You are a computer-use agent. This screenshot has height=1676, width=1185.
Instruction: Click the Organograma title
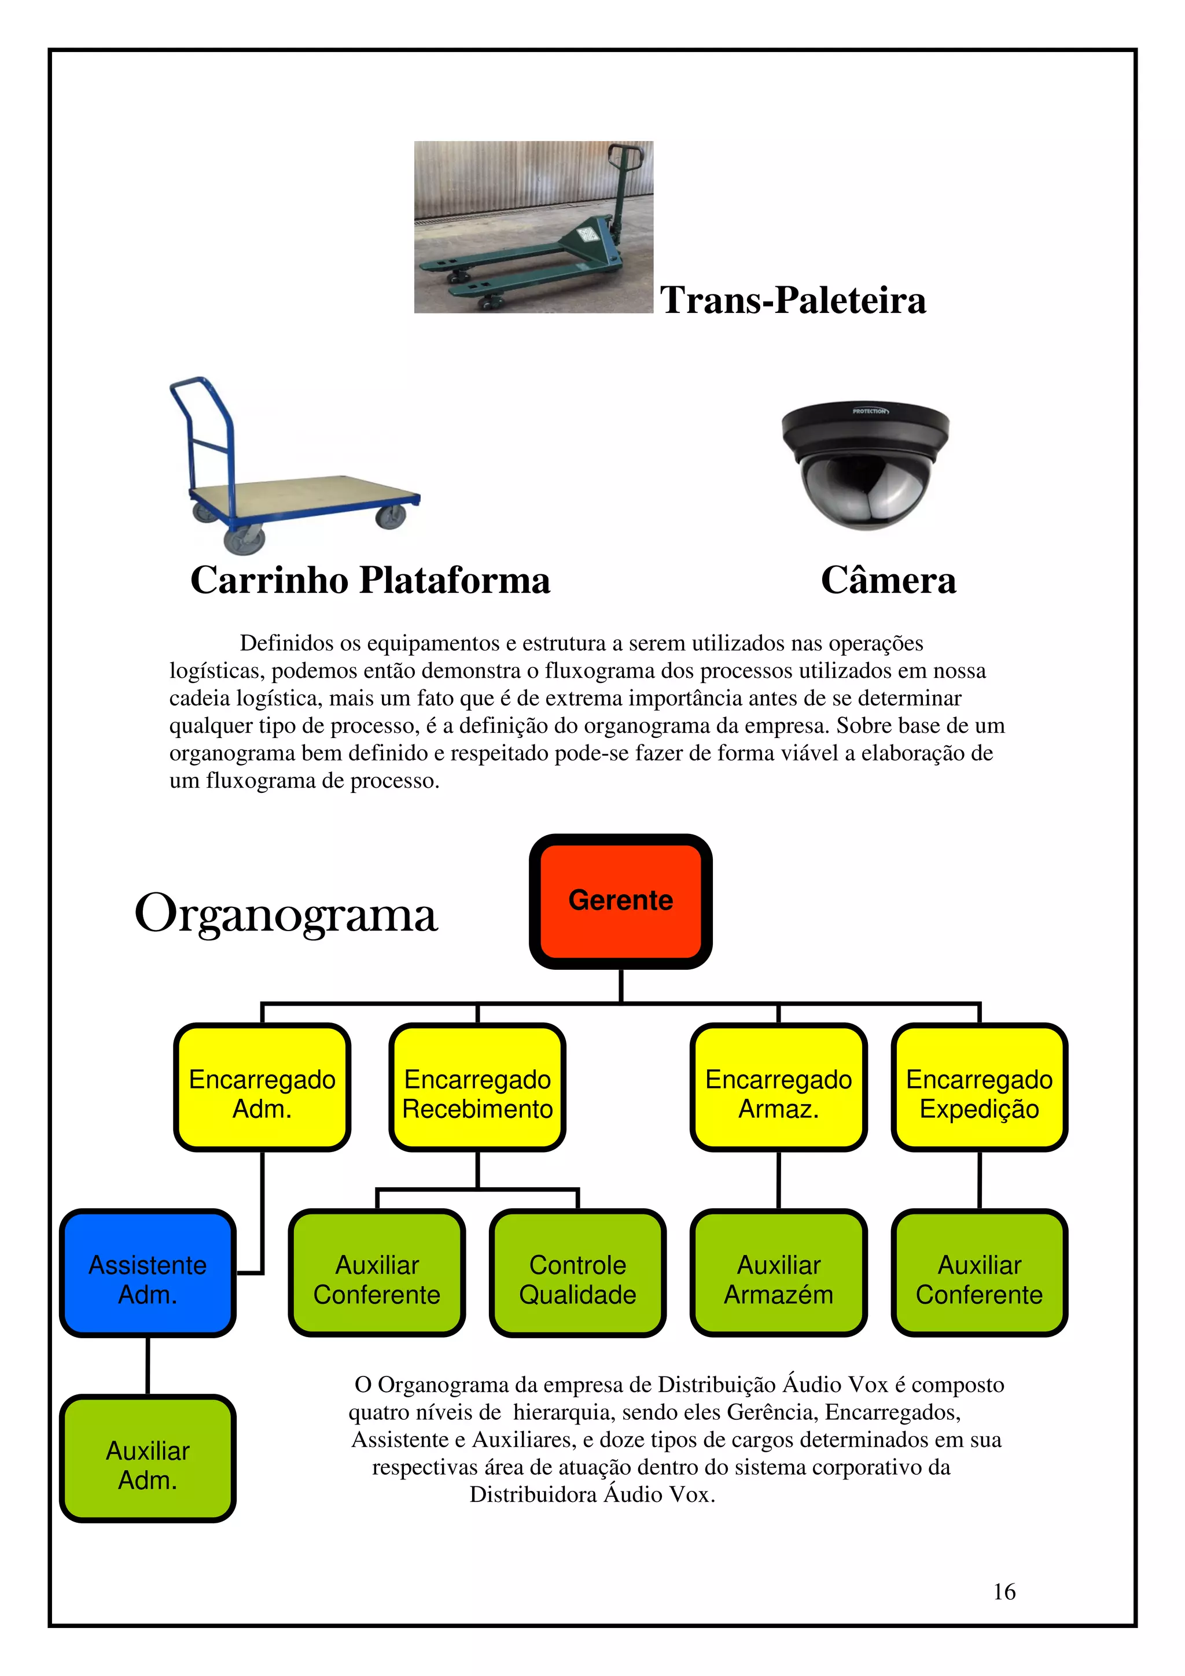(286, 914)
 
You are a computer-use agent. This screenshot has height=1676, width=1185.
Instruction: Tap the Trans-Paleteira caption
(793, 300)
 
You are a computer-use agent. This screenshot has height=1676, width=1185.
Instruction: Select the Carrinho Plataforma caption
(370, 580)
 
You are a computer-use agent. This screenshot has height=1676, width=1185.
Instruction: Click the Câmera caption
(888, 580)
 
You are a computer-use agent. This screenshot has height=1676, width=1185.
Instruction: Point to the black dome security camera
(865, 465)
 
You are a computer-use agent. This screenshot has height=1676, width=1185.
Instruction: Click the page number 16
(1004, 1592)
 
